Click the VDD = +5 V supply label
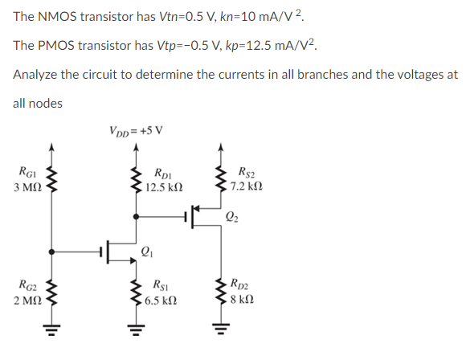coord(135,130)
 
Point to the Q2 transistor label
coord(232,215)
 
